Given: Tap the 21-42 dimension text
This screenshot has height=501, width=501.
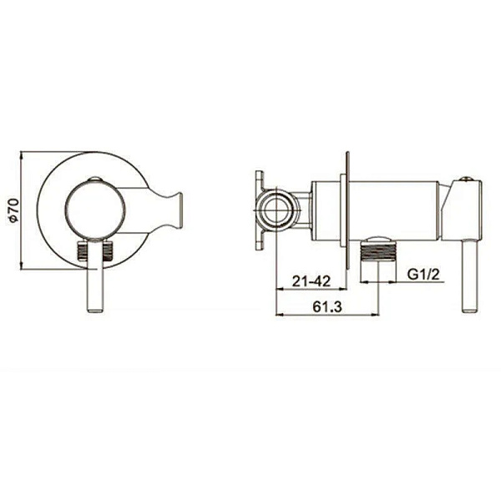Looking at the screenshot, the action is tap(311, 281).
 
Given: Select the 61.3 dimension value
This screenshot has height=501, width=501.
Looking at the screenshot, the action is tap(327, 306).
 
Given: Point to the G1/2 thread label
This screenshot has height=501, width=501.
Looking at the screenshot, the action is tap(423, 274).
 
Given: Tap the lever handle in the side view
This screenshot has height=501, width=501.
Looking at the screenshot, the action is tap(469, 275).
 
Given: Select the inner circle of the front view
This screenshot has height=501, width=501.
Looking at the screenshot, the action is tap(95, 210).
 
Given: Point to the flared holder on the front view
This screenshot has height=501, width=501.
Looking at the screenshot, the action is tap(165, 210).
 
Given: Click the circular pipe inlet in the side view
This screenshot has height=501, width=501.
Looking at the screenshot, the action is tap(276, 210).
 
